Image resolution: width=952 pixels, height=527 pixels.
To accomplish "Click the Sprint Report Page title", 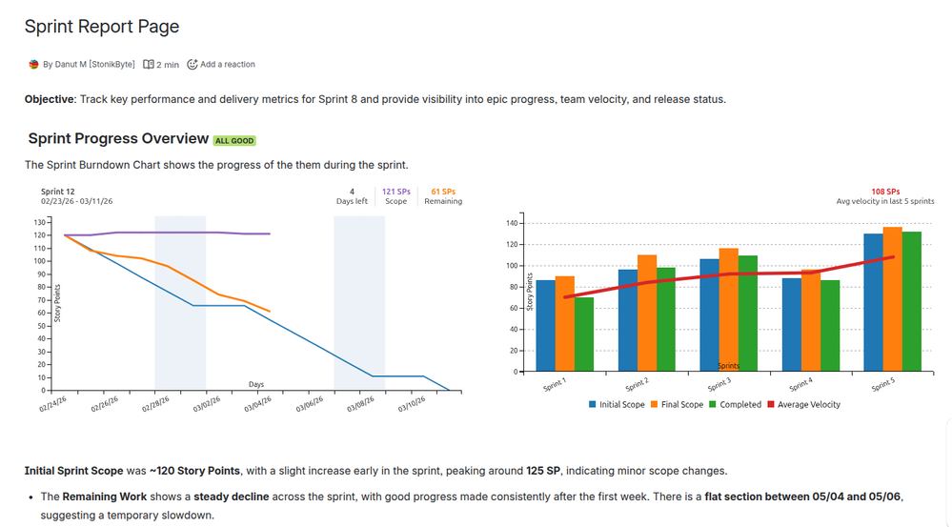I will tap(102, 27).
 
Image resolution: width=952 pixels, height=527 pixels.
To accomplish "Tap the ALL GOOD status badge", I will tap(233, 141).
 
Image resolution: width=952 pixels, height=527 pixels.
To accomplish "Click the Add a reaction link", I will tap(221, 65).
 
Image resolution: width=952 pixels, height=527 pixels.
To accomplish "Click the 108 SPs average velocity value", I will tap(885, 192).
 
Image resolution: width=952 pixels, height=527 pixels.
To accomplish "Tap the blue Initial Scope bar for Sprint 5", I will tap(873, 302).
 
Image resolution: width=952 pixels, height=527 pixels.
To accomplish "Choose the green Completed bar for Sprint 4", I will tap(830, 325).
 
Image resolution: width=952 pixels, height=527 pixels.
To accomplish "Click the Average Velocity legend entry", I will tap(808, 405).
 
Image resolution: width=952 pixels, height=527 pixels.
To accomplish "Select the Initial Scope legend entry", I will tap(617, 405).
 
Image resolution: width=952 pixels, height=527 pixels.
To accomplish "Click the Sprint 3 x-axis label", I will tap(719, 384).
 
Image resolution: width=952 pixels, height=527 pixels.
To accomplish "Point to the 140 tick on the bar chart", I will tap(511, 224).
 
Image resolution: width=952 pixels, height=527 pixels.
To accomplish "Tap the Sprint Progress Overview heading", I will tap(118, 139).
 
